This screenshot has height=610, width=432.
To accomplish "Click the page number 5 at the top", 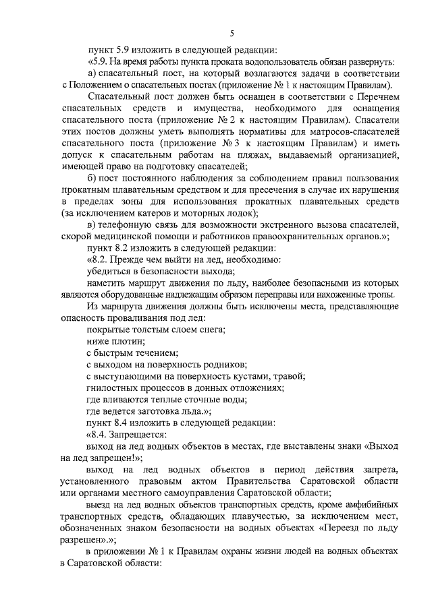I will coord(232,32).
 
